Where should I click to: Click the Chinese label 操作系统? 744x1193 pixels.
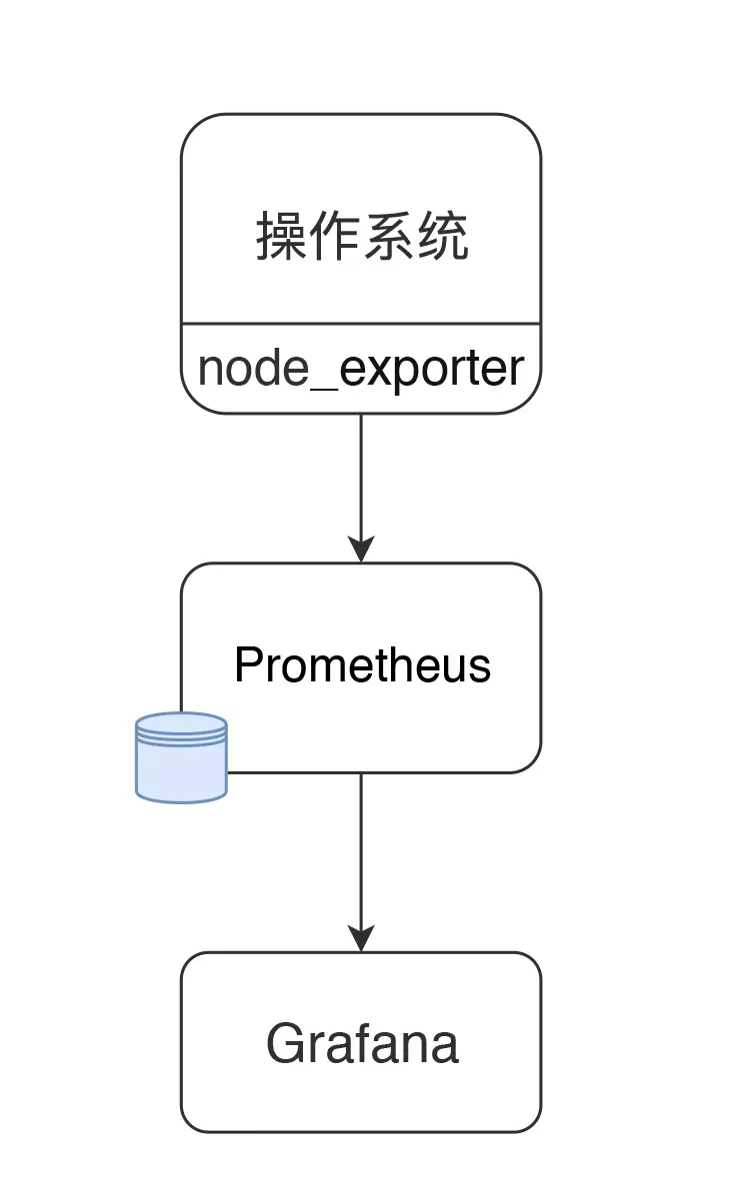click(362, 238)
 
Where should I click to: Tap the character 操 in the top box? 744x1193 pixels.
click(281, 238)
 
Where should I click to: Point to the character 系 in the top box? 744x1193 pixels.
click(389, 238)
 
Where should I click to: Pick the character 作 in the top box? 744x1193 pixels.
click(335, 238)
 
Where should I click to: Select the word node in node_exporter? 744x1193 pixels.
click(252, 369)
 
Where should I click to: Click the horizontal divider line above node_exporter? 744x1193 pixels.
click(361, 324)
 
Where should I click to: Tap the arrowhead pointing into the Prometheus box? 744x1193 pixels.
click(361, 549)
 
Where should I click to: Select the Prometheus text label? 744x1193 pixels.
click(362, 665)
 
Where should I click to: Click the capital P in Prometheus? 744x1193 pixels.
click(247, 665)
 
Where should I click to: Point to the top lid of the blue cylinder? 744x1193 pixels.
click(181, 724)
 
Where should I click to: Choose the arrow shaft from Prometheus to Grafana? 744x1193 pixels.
click(361, 849)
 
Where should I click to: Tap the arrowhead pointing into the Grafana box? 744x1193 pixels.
click(361, 937)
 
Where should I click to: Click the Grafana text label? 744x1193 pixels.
click(362, 1044)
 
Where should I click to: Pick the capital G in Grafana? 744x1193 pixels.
click(285, 1044)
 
